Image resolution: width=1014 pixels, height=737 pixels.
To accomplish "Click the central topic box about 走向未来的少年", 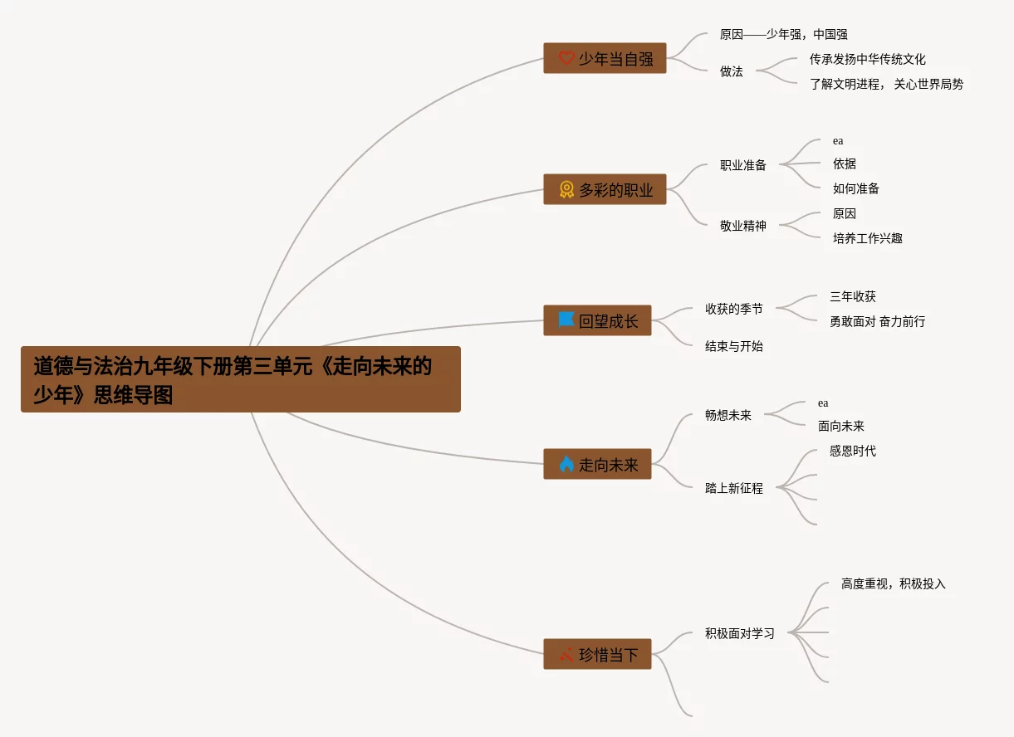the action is [x=240, y=379].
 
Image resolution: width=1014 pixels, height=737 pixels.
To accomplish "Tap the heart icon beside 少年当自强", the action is [x=566, y=58].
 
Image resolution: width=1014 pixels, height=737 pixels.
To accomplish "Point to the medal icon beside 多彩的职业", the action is [x=566, y=189].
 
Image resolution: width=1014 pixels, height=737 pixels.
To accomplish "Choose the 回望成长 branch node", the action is [x=597, y=320].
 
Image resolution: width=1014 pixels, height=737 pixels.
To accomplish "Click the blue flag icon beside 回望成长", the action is [x=566, y=320].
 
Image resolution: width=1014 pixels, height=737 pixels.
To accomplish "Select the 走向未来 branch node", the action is [x=597, y=464].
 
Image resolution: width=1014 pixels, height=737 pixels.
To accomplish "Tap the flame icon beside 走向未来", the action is [x=566, y=464].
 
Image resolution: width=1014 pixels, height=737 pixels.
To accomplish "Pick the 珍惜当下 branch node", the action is [x=597, y=654].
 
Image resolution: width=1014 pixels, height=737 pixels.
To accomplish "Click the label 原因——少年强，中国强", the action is [x=783, y=35].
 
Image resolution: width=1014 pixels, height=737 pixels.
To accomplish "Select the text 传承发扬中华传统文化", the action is [x=867, y=60].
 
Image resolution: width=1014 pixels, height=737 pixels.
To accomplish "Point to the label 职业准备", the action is [x=742, y=165].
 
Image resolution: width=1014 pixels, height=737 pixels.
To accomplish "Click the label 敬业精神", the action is [x=742, y=226].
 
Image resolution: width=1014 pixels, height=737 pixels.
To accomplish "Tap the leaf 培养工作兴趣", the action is [x=867, y=238].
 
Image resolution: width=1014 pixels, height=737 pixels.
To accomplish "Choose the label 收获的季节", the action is [x=733, y=309].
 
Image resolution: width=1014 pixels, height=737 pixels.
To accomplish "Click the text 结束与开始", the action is [x=733, y=346].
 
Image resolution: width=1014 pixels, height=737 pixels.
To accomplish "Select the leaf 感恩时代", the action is [x=852, y=451].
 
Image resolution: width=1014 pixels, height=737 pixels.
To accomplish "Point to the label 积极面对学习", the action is [x=739, y=633].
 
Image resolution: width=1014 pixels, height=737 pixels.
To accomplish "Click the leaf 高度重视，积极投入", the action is [x=893, y=584].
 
